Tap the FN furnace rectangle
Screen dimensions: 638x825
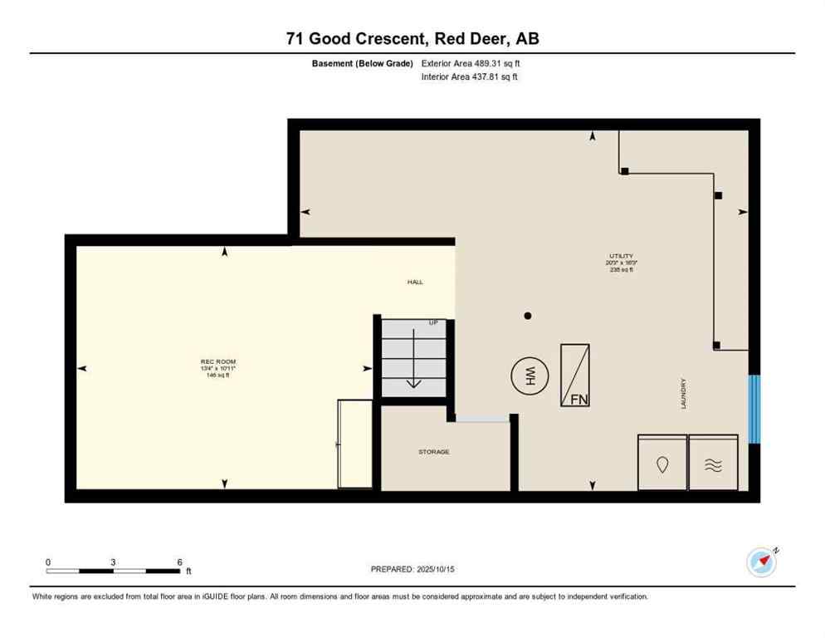[x=575, y=375]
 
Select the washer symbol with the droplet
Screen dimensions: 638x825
[x=661, y=463]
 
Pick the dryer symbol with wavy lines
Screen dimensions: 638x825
[x=713, y=463]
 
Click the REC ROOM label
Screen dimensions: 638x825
[x=218, y=361]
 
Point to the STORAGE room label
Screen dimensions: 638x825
[x=433, y=452]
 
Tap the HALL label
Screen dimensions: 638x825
[x=415, y=282]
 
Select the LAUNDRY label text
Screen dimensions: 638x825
[x=683, y=394]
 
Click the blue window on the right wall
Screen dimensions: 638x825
[x=754, y=410]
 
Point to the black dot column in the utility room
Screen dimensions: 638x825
[x=527, y=316]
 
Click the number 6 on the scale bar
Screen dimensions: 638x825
[x=179, y=562]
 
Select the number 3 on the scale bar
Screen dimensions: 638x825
[x=112, y=562]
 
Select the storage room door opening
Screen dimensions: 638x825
[x=482, y=420]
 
